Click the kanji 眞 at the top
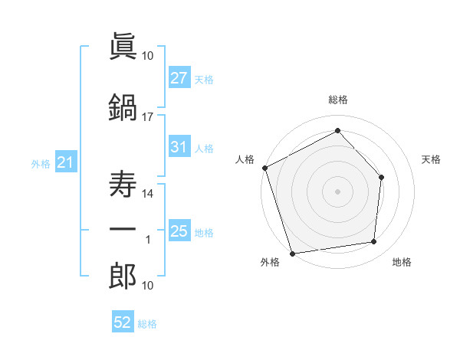click(x=123, y=46)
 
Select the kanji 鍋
click(x=123, y=107)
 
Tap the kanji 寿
click(x=123, y=184)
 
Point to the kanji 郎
click(x=123, y=276)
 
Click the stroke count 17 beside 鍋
click(x=147, y=117)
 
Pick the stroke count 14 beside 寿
click(x=147, y=194)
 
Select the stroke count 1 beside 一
click(x=148, y=240)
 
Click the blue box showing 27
click(x=179, y=77)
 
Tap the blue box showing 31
click(x=179, y=146)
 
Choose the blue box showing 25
click(x=179, y=230)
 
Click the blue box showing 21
click(x=66, y=162)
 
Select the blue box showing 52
click(x=123, y=321)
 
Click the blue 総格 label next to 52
click(x=147, y=324)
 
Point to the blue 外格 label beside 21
click(x=41, y=164)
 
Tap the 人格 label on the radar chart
click(x=245, y=159)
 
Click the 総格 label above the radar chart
click(x=338, y=100)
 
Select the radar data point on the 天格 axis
click(x=381, y=178)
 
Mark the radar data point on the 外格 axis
click(x=293, y=254)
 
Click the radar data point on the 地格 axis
click(x=374, y=241)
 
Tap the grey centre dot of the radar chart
click(x=337, y=191)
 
